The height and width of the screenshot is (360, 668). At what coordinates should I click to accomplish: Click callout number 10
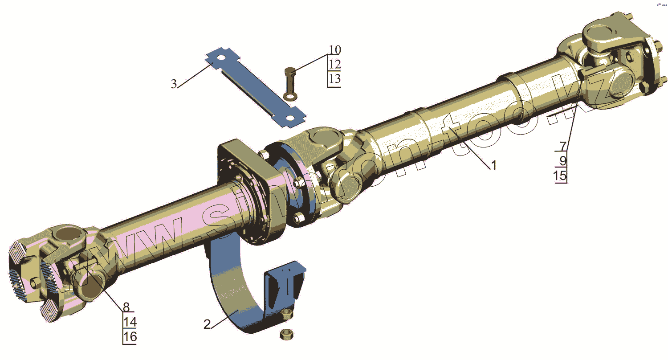(x=335, y=50)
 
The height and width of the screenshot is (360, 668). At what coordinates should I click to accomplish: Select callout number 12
(x=334, y=64)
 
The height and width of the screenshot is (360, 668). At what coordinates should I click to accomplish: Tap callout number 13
(x=334, y=79)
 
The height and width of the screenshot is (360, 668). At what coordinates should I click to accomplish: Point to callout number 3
(x=174, y=84)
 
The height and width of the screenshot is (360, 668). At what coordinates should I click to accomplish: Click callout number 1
(x=494, y=165)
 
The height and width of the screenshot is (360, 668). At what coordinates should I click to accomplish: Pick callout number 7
(x=563, y=146)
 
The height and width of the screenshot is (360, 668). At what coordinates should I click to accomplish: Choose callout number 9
(x=563, y=161)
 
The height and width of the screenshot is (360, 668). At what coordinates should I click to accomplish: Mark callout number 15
(x=560, y=176)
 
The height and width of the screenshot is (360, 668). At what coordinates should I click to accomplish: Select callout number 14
(x=130, y=322)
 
